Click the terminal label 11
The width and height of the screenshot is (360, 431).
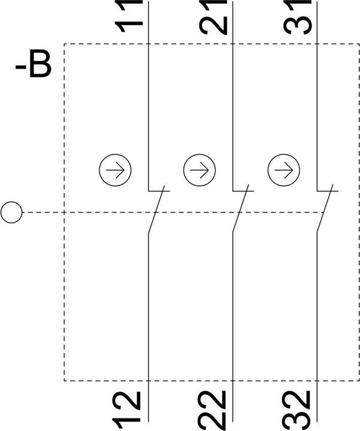(x=129, y=16)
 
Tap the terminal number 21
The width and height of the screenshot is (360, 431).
(x=213, y=17)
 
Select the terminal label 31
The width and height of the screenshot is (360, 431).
(x=298, y=17)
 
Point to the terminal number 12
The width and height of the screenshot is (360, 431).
(x=127, y=411)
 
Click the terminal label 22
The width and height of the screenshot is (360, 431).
(x=213, y=411)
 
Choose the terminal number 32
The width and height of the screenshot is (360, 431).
(x=297, y=411)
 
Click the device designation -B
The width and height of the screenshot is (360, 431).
(x=34, y=64)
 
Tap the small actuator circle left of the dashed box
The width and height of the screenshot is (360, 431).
(x=11, y=212)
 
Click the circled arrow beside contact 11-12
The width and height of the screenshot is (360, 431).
(x=115, y=170)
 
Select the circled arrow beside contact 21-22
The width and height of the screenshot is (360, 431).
(x=199, y=170)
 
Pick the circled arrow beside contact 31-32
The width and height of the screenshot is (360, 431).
(x=284, y=170)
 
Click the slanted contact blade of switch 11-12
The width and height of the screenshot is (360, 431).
(x=156, y=210)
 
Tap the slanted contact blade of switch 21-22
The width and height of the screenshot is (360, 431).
(x=241, y=209)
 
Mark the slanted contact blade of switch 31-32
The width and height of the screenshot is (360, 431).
(x=325, y=209)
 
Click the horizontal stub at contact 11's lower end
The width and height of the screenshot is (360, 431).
(x=159, y=191)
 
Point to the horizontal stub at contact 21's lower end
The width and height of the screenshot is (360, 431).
(x=243, y=191)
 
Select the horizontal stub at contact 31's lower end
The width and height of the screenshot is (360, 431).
(x=328, y=191)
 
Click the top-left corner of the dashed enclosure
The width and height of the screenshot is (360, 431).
(x=64, y=44)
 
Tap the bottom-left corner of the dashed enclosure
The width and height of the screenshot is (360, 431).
(x=64, y=381)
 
